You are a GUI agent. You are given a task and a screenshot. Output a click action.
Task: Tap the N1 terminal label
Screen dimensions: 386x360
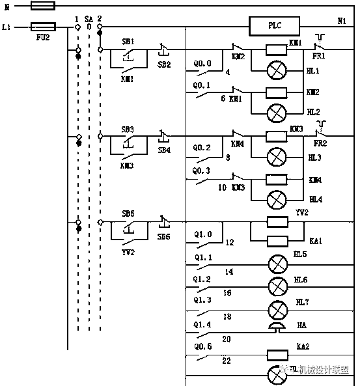[341, 21]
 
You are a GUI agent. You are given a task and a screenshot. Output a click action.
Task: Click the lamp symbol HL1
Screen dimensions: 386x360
[277, 70]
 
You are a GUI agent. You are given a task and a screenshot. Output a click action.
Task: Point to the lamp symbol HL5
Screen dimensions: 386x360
[278, 264]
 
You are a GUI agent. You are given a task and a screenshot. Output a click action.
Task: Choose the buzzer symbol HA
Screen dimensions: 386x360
[278, 327]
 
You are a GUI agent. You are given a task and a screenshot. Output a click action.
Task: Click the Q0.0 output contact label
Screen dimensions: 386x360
[202, 64]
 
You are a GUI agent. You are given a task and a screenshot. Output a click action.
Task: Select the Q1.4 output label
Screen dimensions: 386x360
[202, 324]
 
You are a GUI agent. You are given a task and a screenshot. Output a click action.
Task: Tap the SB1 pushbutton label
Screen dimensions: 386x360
[128, 41]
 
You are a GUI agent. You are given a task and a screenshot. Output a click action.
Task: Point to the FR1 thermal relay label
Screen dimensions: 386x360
[318, 57]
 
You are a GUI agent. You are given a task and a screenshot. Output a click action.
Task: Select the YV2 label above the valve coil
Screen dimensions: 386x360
[301, 212]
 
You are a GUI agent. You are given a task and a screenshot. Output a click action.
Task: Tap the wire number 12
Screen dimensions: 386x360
[229, 242]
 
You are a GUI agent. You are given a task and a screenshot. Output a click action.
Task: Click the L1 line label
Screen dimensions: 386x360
[7, 27]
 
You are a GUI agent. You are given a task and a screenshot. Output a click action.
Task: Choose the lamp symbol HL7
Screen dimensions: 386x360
[278, 308]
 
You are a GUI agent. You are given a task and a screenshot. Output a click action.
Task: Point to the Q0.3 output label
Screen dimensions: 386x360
[202, 171]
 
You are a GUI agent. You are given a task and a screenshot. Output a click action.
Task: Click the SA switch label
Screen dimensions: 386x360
[89, 20]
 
